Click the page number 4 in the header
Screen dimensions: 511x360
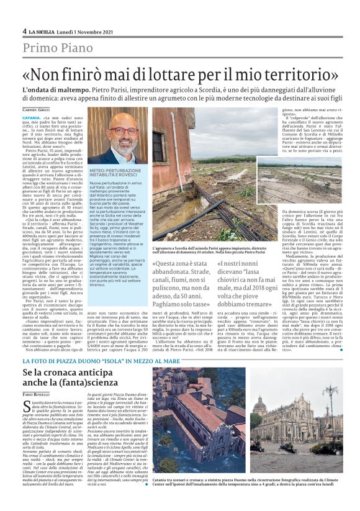click(x=24, y=31)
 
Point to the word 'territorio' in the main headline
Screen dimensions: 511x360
click(x=292, y=74)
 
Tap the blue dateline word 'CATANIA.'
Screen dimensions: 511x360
click(x=32, y=117)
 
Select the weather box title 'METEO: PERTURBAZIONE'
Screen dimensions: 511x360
click(x=115, y=169)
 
